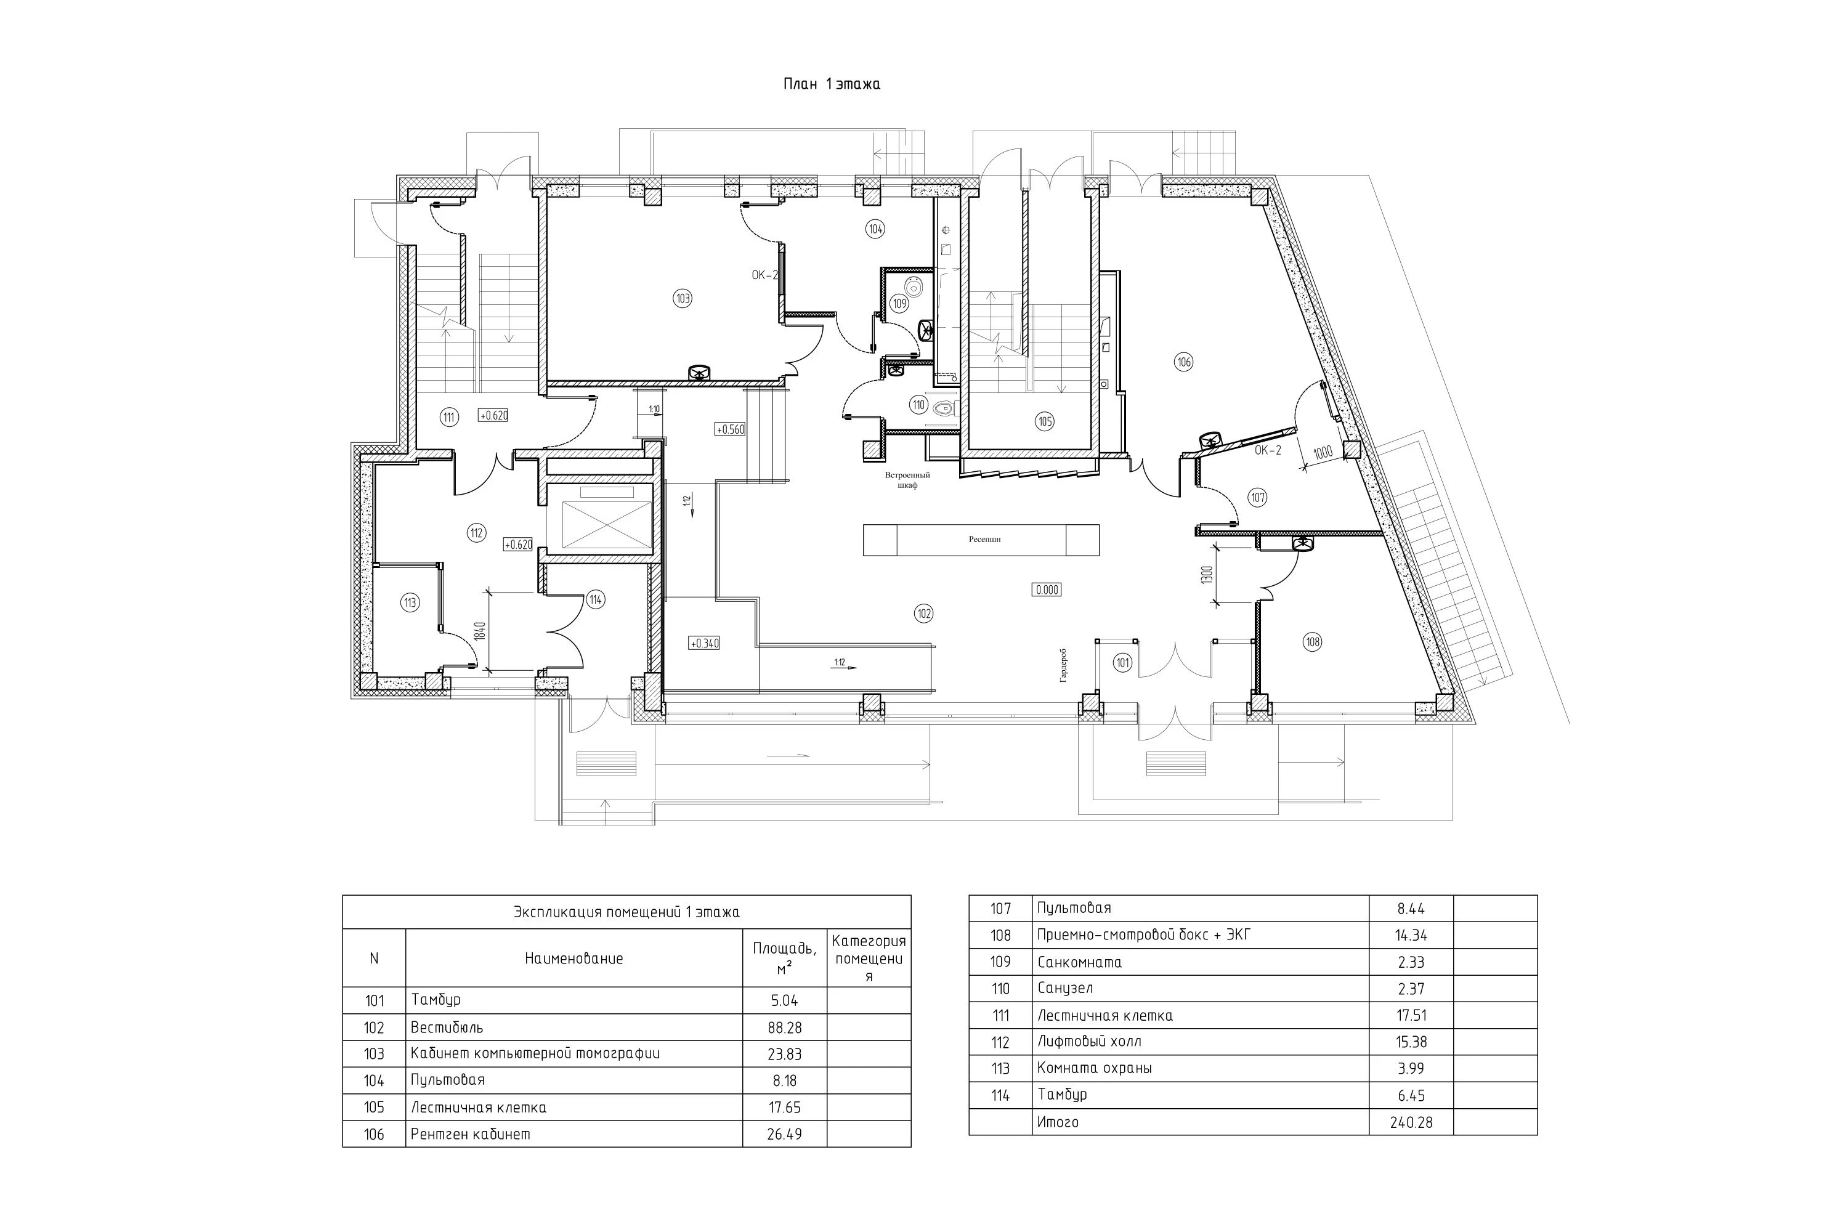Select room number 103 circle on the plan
[682, 299]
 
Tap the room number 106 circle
[1183, 362]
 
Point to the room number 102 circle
[924, 614]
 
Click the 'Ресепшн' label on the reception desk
[984, 540]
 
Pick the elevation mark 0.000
[1047, 590]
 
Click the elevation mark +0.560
[730, 430]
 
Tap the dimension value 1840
[481, 632]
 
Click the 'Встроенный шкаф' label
[907, 480]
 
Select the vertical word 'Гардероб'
[1064, 665]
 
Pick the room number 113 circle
[410, 602]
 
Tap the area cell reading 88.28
[784, 1027]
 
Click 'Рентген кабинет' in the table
[470, 1135]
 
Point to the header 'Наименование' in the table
[573, 958]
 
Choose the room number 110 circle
[918, 406]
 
